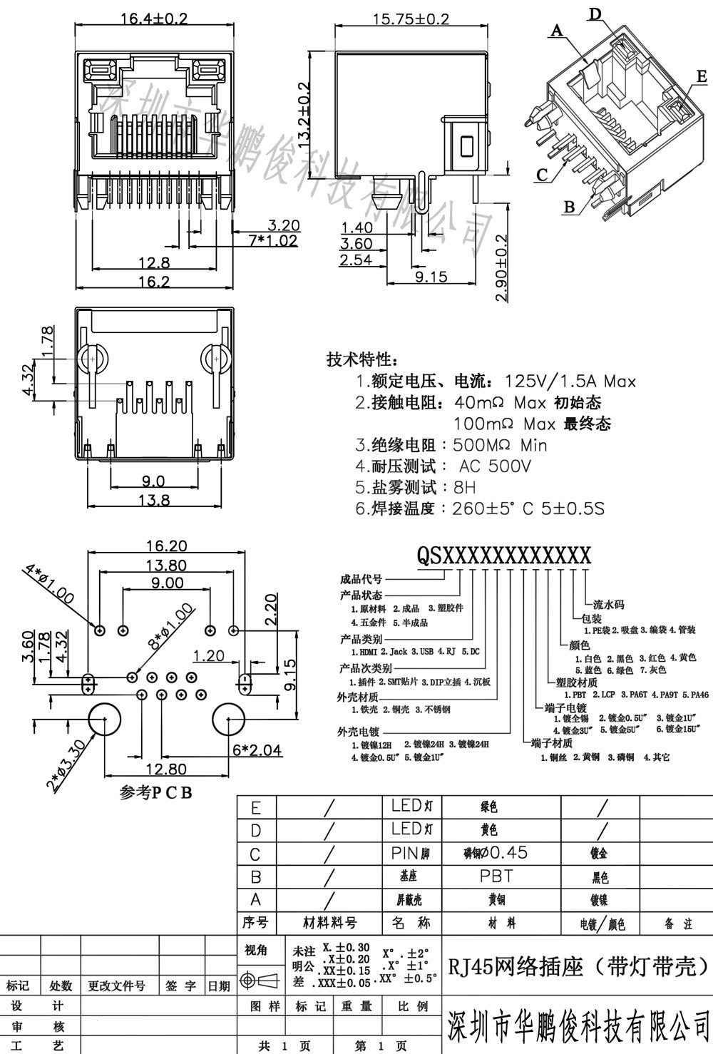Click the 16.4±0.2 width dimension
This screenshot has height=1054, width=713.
tap(153, 19)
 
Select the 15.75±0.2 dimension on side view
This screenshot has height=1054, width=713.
tap(411, 19)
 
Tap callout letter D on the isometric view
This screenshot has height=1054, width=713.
tap(595, 14)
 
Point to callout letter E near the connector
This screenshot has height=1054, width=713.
tap(702, 76)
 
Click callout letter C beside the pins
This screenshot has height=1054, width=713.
tap(542, 174)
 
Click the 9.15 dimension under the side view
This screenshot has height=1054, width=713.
tap(431, 277)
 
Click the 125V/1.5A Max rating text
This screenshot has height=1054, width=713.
tap(570, 382)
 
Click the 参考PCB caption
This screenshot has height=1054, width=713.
tap(156, 793)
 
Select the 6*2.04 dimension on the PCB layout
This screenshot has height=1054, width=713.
tap(257, 749)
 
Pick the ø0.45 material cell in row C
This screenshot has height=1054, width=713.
tap(496, 852)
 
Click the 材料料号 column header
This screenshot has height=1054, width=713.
tap(329, 923)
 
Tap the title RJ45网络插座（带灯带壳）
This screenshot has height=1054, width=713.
tap(578, 966)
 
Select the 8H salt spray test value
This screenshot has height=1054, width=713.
tap(464, 488)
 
